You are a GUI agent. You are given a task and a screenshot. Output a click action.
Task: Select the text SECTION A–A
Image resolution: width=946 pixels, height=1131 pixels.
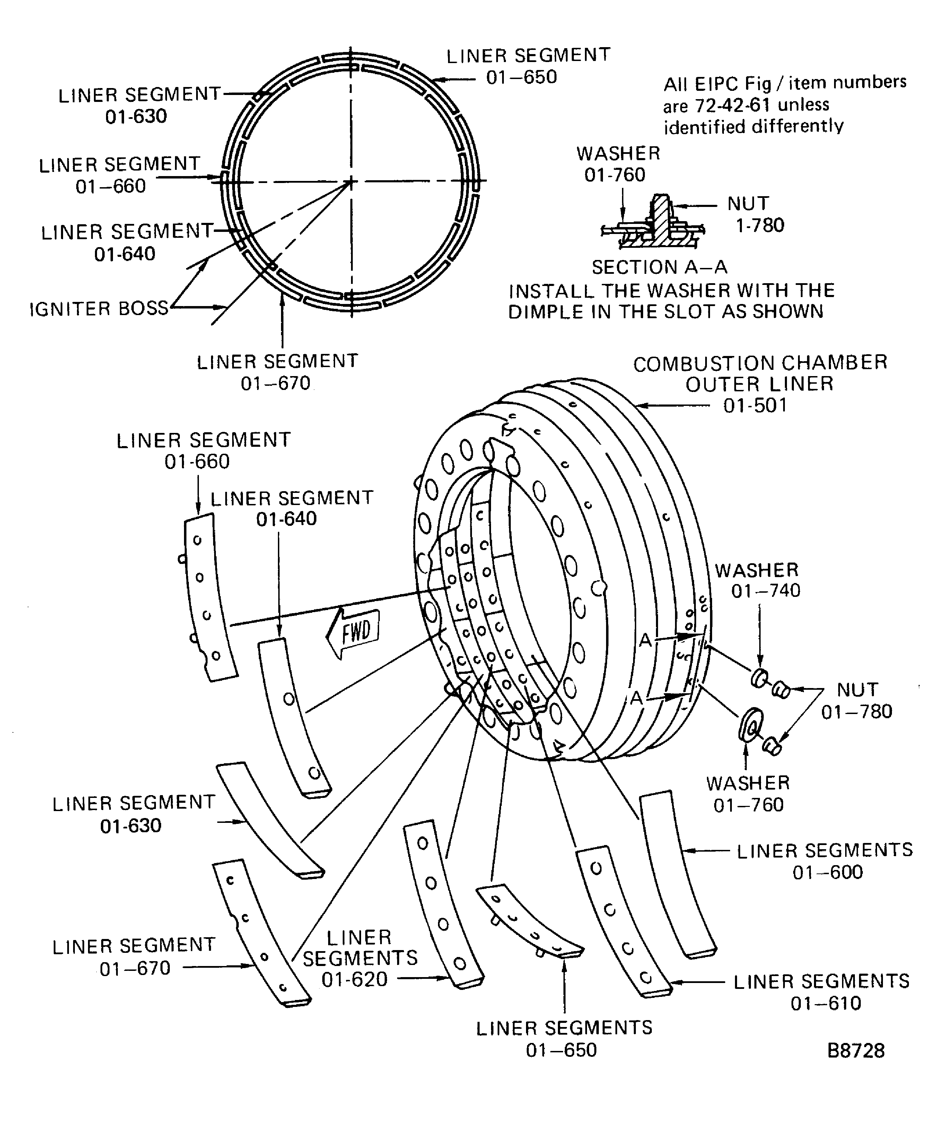[659, 267]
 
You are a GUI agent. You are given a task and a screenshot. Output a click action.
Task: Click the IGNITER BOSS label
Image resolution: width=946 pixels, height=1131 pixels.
[99, 308]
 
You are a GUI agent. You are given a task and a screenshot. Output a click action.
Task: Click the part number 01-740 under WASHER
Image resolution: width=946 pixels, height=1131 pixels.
[765, 591]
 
